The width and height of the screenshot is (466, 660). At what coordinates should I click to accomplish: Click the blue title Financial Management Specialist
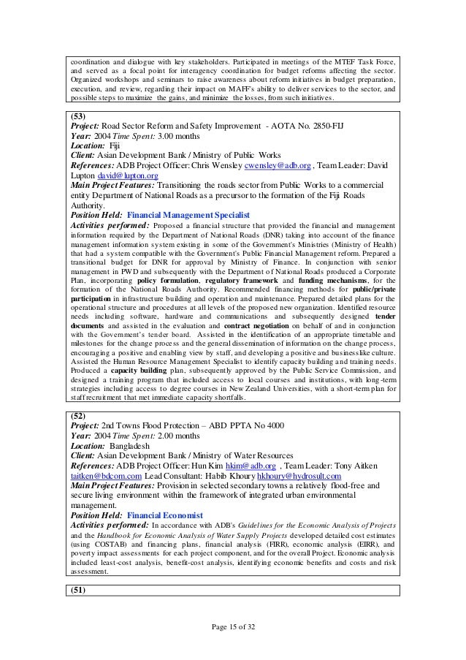188,216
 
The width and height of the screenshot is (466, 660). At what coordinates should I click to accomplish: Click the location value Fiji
117,145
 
